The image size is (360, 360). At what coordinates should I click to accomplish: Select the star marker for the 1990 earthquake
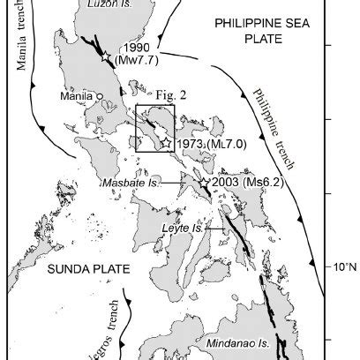[106, 57]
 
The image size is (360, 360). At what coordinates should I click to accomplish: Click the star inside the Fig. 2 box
[165, 143]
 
